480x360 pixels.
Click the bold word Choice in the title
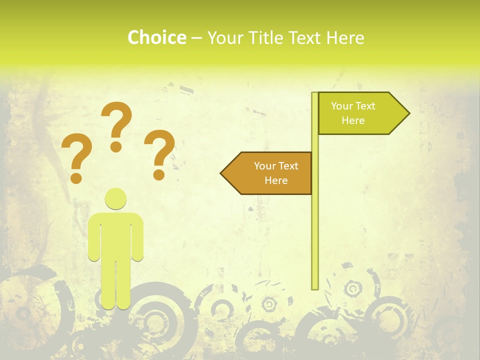[x=156, y=37]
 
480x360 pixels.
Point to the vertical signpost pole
[x=315, y=225]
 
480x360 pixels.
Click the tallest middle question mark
[x=116, y=120]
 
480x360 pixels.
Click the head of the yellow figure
[x=115, y=198]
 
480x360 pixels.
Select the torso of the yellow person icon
[x=115, y=235]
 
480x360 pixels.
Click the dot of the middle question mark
[x=116, y=146]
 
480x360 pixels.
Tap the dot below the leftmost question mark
[x=76, y=177]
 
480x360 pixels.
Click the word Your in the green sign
[x=342, y=106]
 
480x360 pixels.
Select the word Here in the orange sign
[x=276, y=180]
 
